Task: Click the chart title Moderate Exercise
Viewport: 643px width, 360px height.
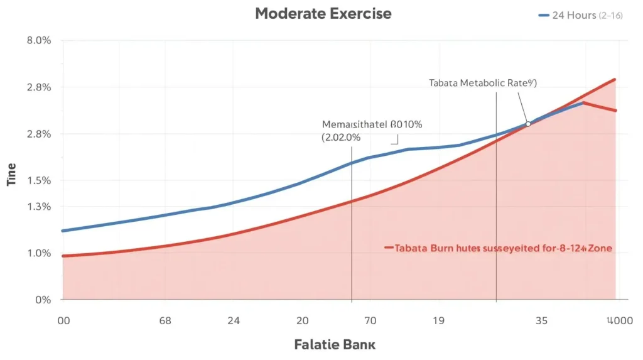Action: click(323, 14)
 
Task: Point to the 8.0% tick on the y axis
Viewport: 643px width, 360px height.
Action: click(38, 41)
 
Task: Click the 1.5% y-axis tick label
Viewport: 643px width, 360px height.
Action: click(38, 181)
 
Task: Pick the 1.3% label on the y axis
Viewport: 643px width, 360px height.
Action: click(38, 207)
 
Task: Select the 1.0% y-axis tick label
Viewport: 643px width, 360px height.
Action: click(38, 253)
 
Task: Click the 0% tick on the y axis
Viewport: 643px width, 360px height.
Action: click(43, 300)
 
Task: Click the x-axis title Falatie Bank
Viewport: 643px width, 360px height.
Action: click(335, 344)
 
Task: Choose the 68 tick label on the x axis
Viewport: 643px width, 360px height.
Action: click(165, 320)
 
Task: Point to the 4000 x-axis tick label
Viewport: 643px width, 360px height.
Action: click(619, 320)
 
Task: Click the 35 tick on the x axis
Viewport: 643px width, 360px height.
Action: click(541, 320)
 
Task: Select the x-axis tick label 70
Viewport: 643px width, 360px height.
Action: click(370, 320)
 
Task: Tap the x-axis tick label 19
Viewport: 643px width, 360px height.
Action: click(438, 320)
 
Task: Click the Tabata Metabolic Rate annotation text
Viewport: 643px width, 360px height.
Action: click(482, 82)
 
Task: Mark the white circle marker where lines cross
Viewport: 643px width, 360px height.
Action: click(528, 124)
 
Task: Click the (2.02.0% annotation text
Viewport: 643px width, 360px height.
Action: click(340, 136)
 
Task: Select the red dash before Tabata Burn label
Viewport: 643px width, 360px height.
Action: click(388, 248)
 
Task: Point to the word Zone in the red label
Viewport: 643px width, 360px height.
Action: click(600, 248)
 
